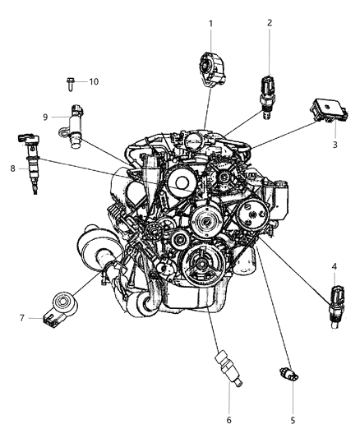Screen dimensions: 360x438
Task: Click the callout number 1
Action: click(x=211, y=24)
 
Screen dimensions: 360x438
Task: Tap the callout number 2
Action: click(x=270, y=23)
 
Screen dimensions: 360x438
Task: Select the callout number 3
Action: click(x=335, y=145)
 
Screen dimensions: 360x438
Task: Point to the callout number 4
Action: click(x=335, y=266)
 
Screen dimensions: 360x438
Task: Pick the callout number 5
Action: click(x=293, y=420)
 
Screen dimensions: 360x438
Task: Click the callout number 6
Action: click(x=228, y=420)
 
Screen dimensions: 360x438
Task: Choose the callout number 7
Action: click(x=22, y=318)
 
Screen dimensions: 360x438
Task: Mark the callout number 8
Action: click(x=12, y=168)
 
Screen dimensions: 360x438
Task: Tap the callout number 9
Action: click(x=45, y=118)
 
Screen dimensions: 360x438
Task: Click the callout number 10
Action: click(x=94, y=81)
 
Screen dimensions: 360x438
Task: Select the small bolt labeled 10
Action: click(x=70, y=84)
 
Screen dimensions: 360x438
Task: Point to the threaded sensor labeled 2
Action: click(x=268, y=97)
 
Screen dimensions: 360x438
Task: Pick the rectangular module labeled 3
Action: click(x=329, y=111)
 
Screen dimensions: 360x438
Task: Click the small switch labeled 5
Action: click(x=288, y=374)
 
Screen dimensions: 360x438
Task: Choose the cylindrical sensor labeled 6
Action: click(x=228, y=368)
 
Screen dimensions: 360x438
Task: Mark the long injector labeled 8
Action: click(x=30, y=164)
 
